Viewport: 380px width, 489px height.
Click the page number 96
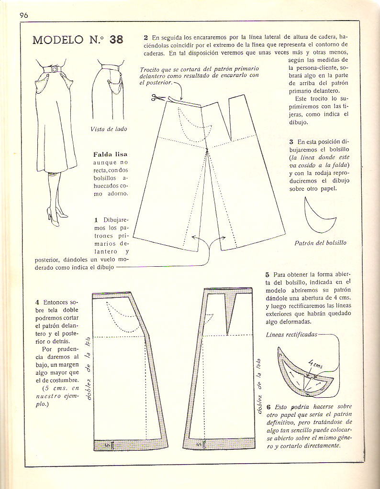tap(24, 15)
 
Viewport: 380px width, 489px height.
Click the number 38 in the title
tap(116, 40)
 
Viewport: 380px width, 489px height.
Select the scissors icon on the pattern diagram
tap(156, 98)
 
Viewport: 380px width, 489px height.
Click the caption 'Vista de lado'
tap(108, 129)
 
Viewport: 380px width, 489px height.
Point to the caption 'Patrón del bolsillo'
tap(320, 243)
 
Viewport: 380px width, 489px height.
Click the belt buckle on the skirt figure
tap(54, 70)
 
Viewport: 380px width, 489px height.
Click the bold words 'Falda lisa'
tap(111, 154)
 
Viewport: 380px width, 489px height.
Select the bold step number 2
tap(145, 37)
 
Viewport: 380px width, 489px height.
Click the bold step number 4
tap(37, 303)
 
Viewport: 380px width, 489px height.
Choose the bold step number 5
tap(267, 275)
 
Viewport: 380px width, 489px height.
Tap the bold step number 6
tap(267, 406)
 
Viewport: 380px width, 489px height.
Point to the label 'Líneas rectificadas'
tap(291, 335)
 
